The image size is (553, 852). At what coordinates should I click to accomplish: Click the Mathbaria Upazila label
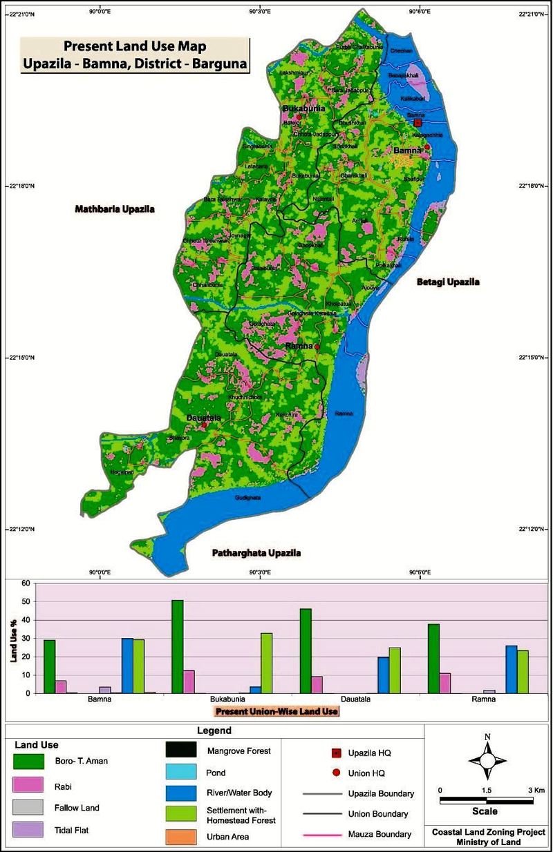(115, 208)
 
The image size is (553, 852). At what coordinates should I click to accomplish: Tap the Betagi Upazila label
(447, 282)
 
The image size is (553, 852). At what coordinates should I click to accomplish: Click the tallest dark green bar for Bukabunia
(178, 646)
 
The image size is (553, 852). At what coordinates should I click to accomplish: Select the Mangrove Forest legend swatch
(182, 751)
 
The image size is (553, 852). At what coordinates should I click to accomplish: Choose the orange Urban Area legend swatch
(182, 837)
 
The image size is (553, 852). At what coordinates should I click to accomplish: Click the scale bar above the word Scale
(487, 800)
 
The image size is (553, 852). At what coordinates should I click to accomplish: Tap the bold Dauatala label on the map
(203, 418)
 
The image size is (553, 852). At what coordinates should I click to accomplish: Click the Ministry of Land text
(487, 843)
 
